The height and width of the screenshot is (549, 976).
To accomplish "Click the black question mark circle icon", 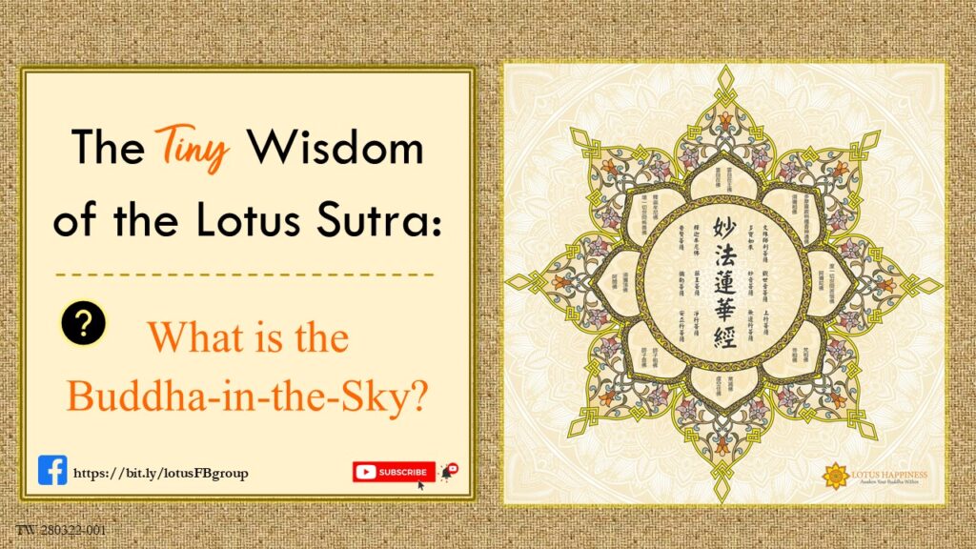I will pyautogui.click(x=83, y=324).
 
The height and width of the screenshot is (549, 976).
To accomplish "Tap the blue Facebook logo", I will pyautogui.click(x=52, y=471).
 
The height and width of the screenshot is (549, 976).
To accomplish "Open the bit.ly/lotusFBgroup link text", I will pyautogui.click(x=161, y=473).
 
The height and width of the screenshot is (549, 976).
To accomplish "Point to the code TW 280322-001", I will pyautogui.click(x=60, y=529).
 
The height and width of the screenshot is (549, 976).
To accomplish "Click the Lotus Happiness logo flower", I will pyautogui.click(x=836, y=476).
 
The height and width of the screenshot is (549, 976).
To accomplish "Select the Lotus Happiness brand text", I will pyautogui.click(x=891, y=474).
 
